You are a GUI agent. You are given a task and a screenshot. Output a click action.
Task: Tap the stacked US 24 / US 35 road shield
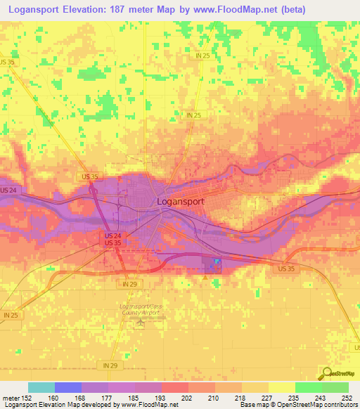coord(112,239)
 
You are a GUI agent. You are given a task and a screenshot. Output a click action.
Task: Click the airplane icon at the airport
coord(140,323)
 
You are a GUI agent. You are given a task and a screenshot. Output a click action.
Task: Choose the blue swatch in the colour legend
coord(68,387)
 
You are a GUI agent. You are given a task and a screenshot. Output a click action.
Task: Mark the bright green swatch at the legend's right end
coord(335,387)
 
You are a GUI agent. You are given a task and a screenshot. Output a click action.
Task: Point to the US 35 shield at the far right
coord(286,268)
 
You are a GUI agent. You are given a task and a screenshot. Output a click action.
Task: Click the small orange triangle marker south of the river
coord(204,277)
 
